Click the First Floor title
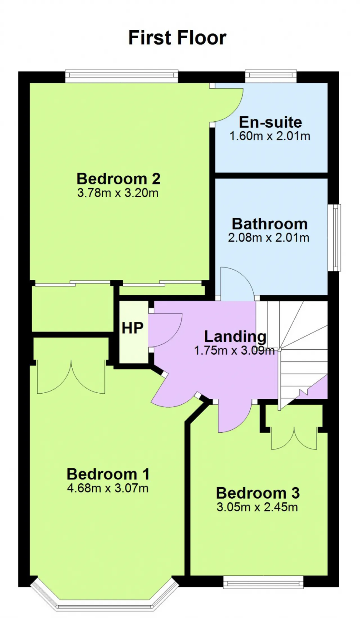pos(177,38)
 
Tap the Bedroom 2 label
pos(118,179)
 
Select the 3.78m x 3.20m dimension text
pos(118,193)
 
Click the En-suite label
pos(270,122)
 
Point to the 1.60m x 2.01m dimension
pos(270,136)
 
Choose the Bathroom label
pos(270,224)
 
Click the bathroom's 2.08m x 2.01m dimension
pos(269,238)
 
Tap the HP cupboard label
pos(132,328)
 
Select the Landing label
pos(235,337)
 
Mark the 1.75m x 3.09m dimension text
pos(234,351)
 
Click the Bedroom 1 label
pos(108,474)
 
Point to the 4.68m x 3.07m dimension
pos(108,488)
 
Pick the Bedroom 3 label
pos(258,493)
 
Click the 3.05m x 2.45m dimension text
pos(257,507)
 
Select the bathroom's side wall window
pos(334,238)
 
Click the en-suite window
pos(271,76)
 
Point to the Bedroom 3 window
pos(263,582)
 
